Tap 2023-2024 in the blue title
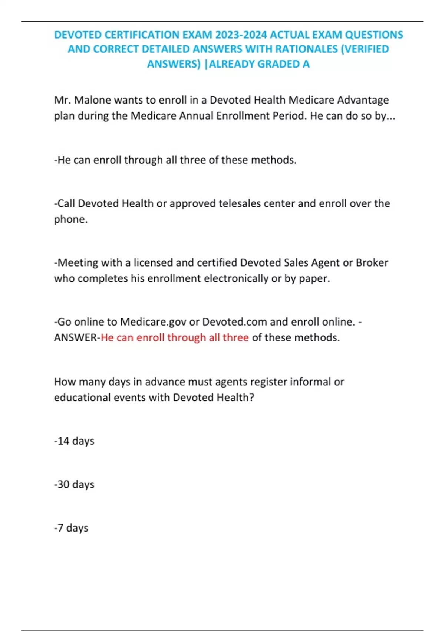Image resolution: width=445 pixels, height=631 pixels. coord(241,35)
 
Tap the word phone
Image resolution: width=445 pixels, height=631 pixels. coord(70,219)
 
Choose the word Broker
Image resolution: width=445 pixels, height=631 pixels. coord(372,263)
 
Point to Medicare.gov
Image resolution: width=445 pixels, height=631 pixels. coord(153,322)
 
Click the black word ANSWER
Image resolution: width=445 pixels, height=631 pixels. coord(75,338)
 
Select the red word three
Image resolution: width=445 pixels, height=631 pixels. coord(235,338)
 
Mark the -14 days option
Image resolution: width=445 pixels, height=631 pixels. coord(74,441)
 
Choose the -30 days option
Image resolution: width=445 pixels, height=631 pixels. coord(74,484)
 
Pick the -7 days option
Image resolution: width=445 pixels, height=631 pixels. coord(71,528)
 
